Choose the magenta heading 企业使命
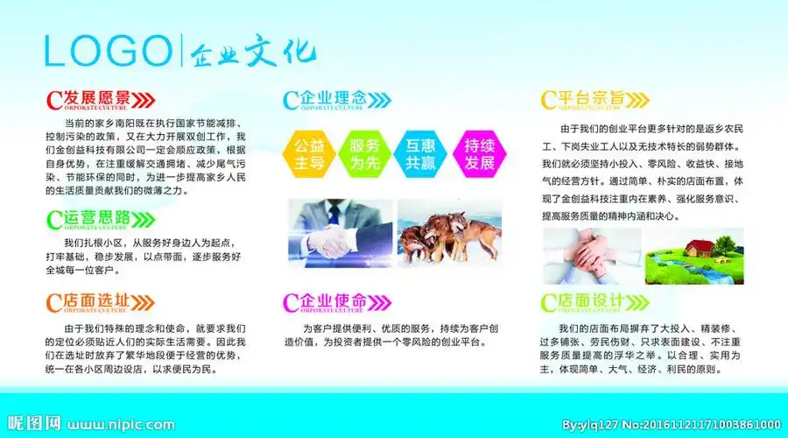point(332,301)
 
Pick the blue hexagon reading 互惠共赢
point(420,153)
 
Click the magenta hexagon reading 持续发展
point(477,153)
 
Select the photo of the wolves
point(448,231)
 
